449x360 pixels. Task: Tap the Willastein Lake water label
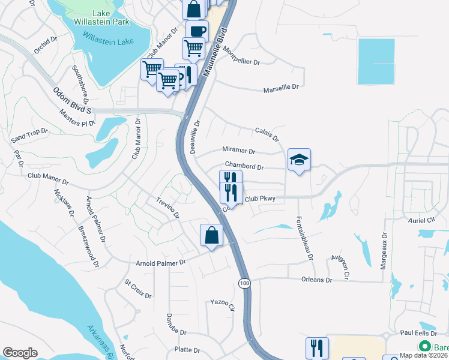coord(108,42)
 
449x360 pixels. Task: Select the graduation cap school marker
coord(299,160)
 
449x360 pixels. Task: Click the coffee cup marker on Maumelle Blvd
coord(196,31)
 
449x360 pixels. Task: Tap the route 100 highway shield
coord(244,283)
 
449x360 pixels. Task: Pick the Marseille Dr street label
coord(281,88)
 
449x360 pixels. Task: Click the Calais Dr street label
coord(267,134)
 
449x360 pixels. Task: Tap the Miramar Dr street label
coord(238,152)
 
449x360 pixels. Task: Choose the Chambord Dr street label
coord(244,166)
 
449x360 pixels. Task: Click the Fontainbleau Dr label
coord(304,239)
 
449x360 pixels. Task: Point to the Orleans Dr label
coord(316,280)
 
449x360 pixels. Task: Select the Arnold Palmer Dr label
coord(161,262)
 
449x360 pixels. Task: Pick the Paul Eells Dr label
coord(417,332)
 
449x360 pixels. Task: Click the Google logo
coord(20,353)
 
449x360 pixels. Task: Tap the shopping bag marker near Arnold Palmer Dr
coord(211,235)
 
